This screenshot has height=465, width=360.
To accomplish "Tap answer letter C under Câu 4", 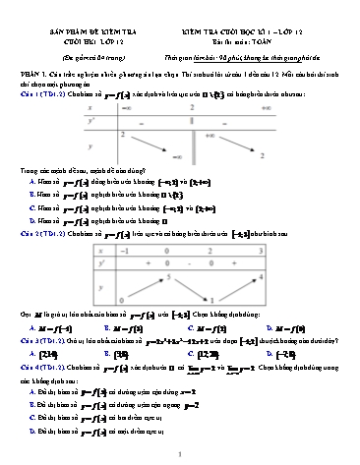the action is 33,432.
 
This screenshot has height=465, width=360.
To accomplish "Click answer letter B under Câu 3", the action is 114,376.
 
